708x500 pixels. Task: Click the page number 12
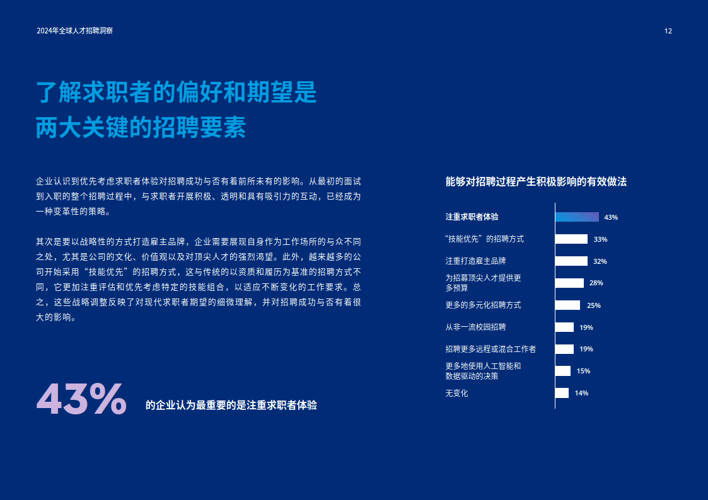[668, 31]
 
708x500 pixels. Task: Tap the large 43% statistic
[81, 399]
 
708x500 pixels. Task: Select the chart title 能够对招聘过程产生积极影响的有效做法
[536, 182]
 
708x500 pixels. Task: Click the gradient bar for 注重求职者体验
[577, 217]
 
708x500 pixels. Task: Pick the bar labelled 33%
[571, 239]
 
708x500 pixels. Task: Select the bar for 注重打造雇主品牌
[571, 261]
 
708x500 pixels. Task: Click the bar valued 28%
[569, 283]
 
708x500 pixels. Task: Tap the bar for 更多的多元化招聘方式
[567, 305]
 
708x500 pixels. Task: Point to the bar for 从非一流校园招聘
[564, 327]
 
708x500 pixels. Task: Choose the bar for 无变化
[562, 393]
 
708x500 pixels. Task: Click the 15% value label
[583, 372]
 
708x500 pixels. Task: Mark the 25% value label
[593, 305]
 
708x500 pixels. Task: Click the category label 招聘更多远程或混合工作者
[490, 349]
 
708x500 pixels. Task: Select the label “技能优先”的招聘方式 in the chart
[484, 239]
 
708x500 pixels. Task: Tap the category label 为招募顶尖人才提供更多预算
[483, 283]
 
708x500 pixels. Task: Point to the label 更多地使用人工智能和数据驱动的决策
[483, 371]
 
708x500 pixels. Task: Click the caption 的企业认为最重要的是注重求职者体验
[231, 406]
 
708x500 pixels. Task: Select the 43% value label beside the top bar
[611, 217]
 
